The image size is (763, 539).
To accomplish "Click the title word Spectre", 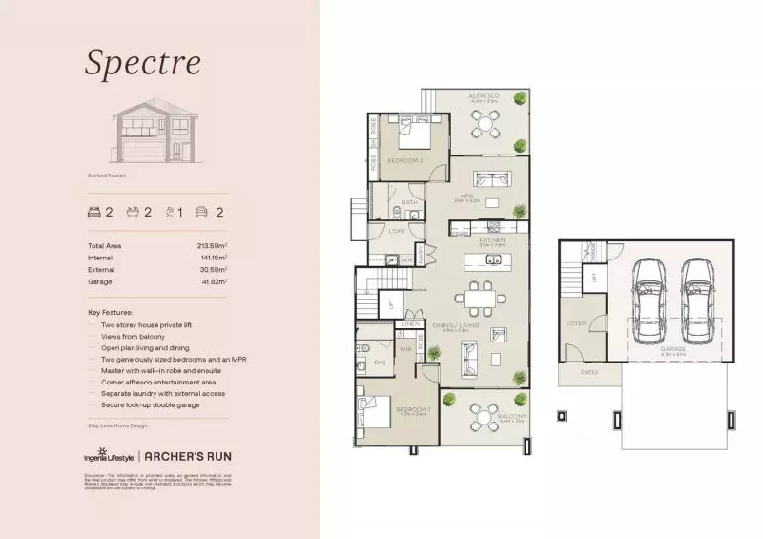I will point(143,62).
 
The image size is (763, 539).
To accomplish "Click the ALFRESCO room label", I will point(485,97).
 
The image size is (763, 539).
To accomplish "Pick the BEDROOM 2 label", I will point(404,160).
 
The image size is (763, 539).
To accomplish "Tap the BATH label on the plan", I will point(410,202).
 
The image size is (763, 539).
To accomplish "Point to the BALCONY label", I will point(511,417).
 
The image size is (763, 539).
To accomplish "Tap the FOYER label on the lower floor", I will point(576,323).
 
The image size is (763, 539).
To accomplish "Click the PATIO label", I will point(589,372).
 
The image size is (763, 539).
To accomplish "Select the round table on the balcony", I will point(484,416).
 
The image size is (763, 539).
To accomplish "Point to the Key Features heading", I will point(110,312).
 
